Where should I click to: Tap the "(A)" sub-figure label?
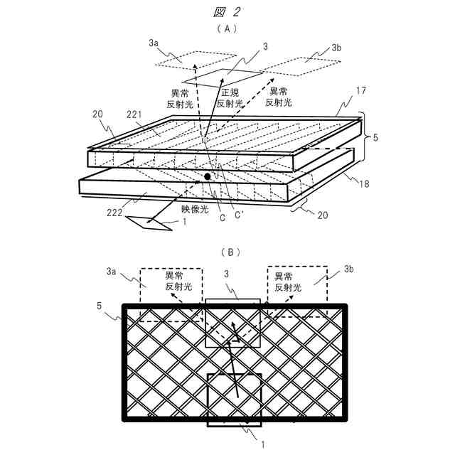click(227, 30)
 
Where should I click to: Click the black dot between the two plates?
click(208, 176)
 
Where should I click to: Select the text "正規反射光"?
click(232, 98)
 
